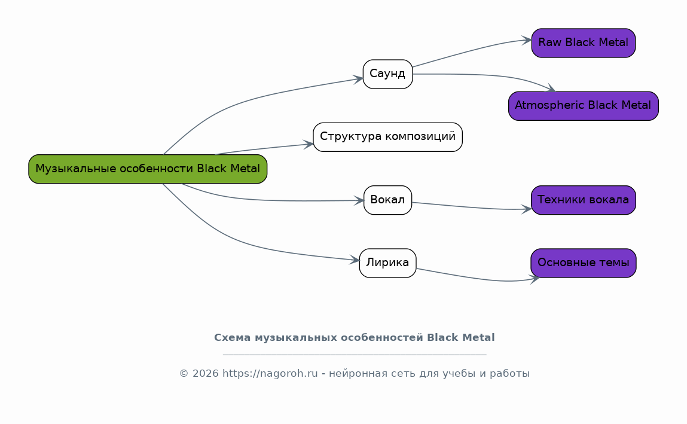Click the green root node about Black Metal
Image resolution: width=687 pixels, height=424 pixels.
click(148, 169)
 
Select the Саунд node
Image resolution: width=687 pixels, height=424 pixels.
click(387, 74)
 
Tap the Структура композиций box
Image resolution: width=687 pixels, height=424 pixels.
click(387, 137)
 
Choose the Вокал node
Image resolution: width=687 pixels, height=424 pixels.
click(387, 200)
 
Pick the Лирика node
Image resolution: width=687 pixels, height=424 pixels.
click(387, 263)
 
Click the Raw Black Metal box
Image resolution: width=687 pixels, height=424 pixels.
click(583, 43)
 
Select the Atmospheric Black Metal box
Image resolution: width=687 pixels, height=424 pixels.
click(583, 106)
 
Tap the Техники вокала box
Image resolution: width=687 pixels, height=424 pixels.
click(583, 200)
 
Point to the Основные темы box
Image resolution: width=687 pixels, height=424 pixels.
click(583, 263)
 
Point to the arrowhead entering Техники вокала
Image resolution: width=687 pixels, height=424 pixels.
click(526, 209)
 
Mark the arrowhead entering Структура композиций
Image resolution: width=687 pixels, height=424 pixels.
click(309, 144)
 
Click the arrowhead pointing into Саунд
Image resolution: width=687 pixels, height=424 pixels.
click(358, 79)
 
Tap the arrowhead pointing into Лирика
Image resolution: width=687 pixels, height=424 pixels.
click(355, 260)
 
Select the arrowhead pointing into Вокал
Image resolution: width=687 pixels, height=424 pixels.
click(359, 200)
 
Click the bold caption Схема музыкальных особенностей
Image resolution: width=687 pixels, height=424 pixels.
click(354, 337)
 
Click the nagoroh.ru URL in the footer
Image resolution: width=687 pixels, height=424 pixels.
click(270, 374)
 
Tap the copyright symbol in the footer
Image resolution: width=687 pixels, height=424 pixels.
click(184, 374)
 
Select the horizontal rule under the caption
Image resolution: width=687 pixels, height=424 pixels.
click(354, 355)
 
